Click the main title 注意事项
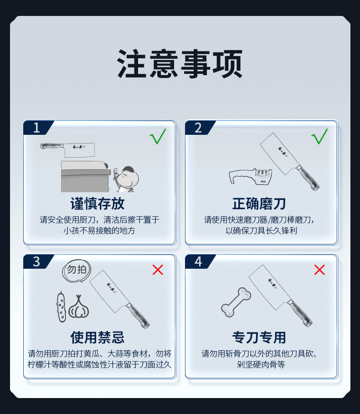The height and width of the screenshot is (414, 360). [x=180, y=64]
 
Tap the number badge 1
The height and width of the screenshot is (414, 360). [x=36, y=128]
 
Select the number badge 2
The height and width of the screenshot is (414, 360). [x=198, y=128]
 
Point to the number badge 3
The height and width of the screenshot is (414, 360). [x=36, y=262]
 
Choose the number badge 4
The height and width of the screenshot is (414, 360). [x=198, y=262]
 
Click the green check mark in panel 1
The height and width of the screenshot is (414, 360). [x=158, y=136]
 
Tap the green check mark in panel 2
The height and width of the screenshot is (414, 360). [x=319, y=136]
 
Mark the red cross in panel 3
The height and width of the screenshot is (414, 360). [x=158, y=270]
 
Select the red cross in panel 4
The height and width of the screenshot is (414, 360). [x=319, y=270]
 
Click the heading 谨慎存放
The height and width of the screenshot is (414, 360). [x=98, y=203]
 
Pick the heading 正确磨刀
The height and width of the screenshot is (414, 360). [x=259, y=203]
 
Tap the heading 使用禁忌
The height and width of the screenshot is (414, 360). [x=98, y=337]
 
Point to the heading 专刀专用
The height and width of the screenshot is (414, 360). [x=259, y=337]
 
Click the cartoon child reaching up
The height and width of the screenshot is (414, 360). [x=125, y=178]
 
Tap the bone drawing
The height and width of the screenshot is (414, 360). [x=236, y=302]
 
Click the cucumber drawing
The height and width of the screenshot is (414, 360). [x=61, y=307]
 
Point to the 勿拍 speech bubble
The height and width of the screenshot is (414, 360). [x=76, y=270]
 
